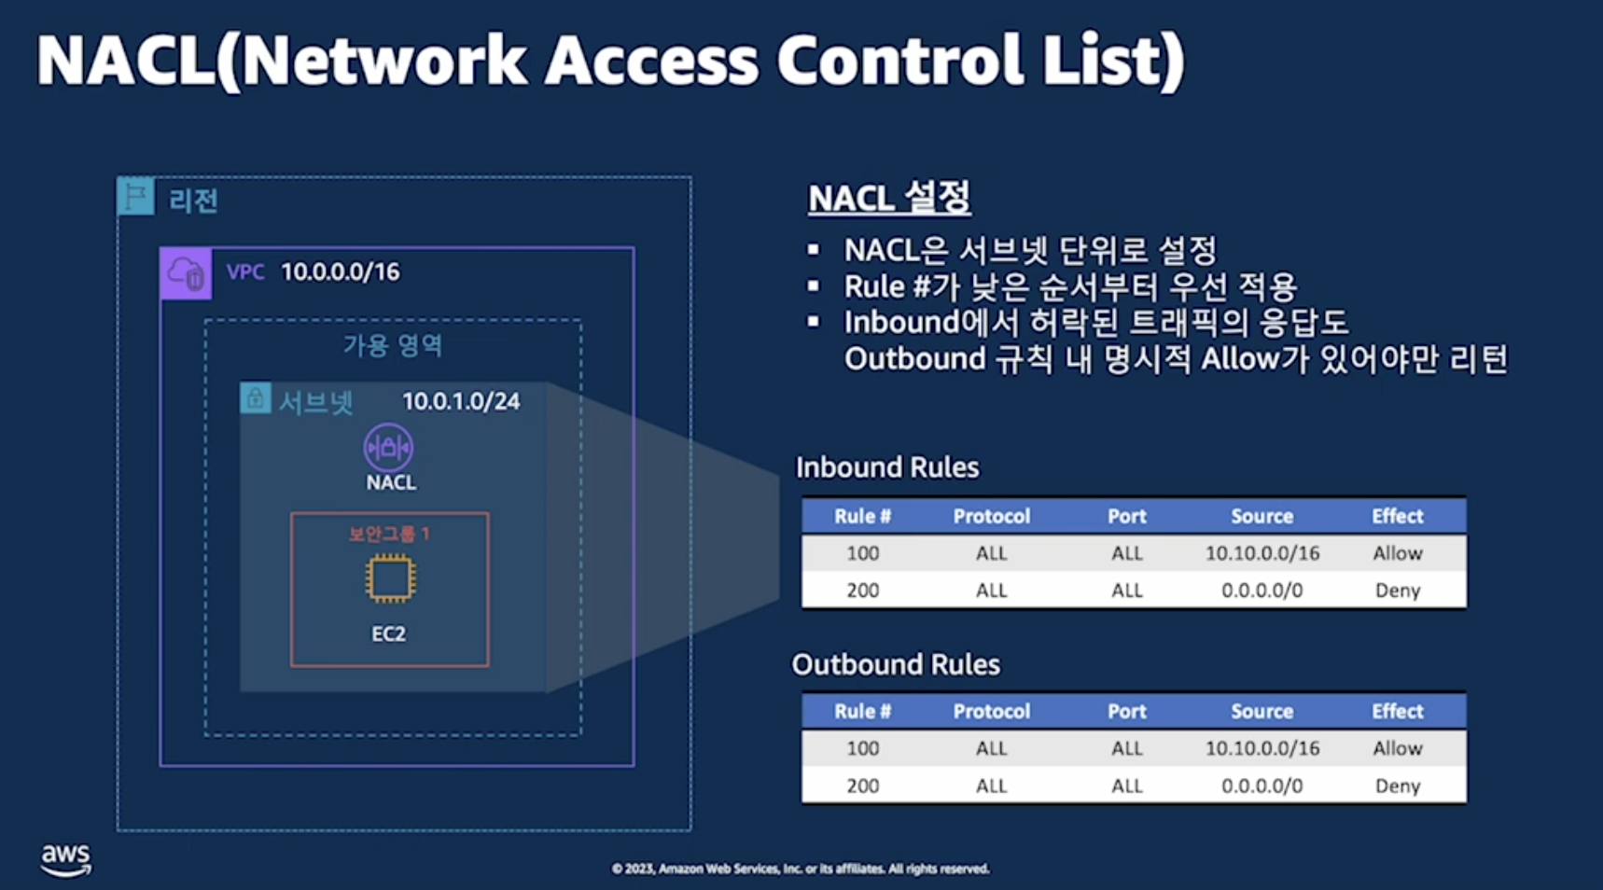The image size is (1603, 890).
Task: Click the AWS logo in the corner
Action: point(65,859)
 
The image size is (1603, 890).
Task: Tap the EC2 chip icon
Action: point(389,578)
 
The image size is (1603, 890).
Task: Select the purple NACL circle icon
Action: point(388,448)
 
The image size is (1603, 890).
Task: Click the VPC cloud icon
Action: point(186,273)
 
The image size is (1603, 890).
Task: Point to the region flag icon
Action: point(136,196)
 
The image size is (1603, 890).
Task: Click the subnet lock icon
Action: point(255,398)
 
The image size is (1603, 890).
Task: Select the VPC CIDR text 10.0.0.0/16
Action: point(340,271)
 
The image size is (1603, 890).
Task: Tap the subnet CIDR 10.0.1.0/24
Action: point(461,401)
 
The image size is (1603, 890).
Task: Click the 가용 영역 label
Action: point(393,346)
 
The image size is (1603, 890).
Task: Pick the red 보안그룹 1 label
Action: point(389,534)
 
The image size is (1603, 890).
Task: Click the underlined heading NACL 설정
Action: point(888,198)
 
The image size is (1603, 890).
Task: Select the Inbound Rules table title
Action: point(886,466)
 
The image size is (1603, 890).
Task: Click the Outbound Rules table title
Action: point(896,664)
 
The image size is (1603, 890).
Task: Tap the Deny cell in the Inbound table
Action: point(1397,591)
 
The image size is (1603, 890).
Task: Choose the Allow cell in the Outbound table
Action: point(1397,748)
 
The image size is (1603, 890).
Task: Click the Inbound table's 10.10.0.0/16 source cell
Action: point(1261,553)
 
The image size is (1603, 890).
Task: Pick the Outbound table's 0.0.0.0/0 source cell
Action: point(1261,786)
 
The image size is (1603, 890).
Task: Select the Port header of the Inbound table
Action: point(1126,516)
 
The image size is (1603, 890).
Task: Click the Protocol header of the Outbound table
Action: point(991,711)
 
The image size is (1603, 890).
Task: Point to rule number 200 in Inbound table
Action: point(862,591)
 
